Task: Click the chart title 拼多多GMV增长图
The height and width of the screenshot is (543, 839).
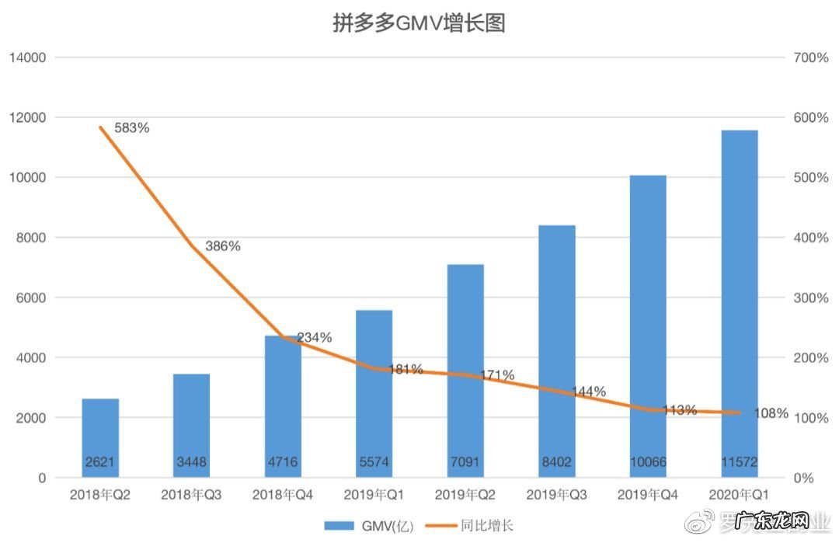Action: click(419, 23)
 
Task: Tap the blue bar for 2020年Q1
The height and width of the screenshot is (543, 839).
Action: click(739, 303)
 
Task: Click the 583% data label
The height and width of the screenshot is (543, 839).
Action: click(131, 128)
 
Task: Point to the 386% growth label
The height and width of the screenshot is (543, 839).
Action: click(223, 246)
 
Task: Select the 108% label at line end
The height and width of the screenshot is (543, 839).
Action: click(771, 413)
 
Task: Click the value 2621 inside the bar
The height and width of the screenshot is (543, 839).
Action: click(100, 463)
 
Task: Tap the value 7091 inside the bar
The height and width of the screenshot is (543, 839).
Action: click(465, 463)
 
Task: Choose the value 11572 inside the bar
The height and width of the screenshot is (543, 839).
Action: click(739, 463)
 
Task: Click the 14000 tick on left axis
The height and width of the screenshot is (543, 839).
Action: click(27, 57)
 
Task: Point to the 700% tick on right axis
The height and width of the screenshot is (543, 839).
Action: click(810, 57)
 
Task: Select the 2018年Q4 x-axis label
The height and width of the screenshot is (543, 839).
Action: click(283, 495)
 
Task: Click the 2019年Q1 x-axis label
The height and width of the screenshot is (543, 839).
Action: click(374, 495)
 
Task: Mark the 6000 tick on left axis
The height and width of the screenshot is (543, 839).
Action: click(30, 298)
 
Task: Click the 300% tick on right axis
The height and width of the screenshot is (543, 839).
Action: click(810, 298)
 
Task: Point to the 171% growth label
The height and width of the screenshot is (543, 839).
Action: click(496, 375)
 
